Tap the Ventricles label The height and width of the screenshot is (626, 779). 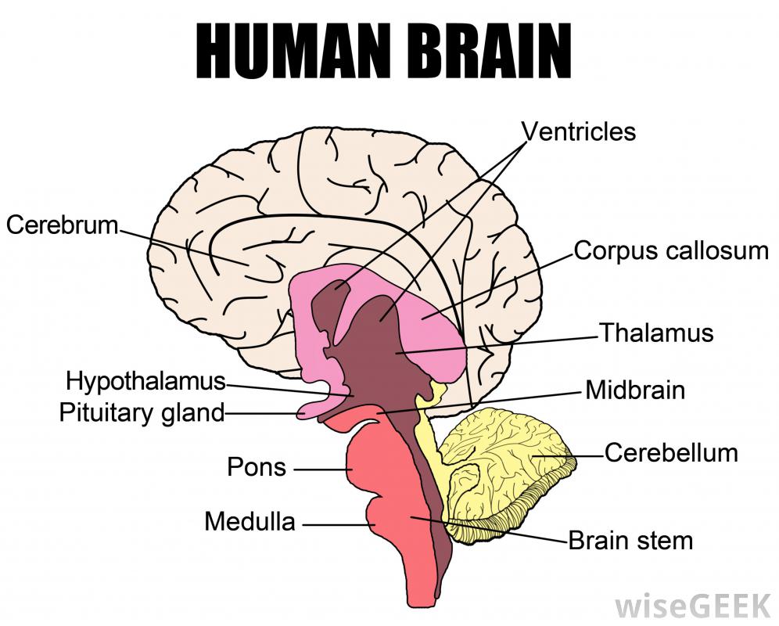(x=579, y=131)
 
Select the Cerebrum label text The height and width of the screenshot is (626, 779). (x=62, y=225)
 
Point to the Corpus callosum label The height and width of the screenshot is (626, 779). (x=671, y=251)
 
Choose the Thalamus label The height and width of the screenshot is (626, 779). (x=656, y=333)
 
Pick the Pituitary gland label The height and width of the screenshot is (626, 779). (x=142, y=412)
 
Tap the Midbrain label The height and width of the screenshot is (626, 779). (x=635, y=390)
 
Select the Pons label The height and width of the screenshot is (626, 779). (x=257, y=468)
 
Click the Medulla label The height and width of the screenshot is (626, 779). (x=250, y=521)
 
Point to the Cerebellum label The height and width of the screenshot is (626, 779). (x=671, y=453)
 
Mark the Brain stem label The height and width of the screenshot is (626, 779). (x=630, y=540)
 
